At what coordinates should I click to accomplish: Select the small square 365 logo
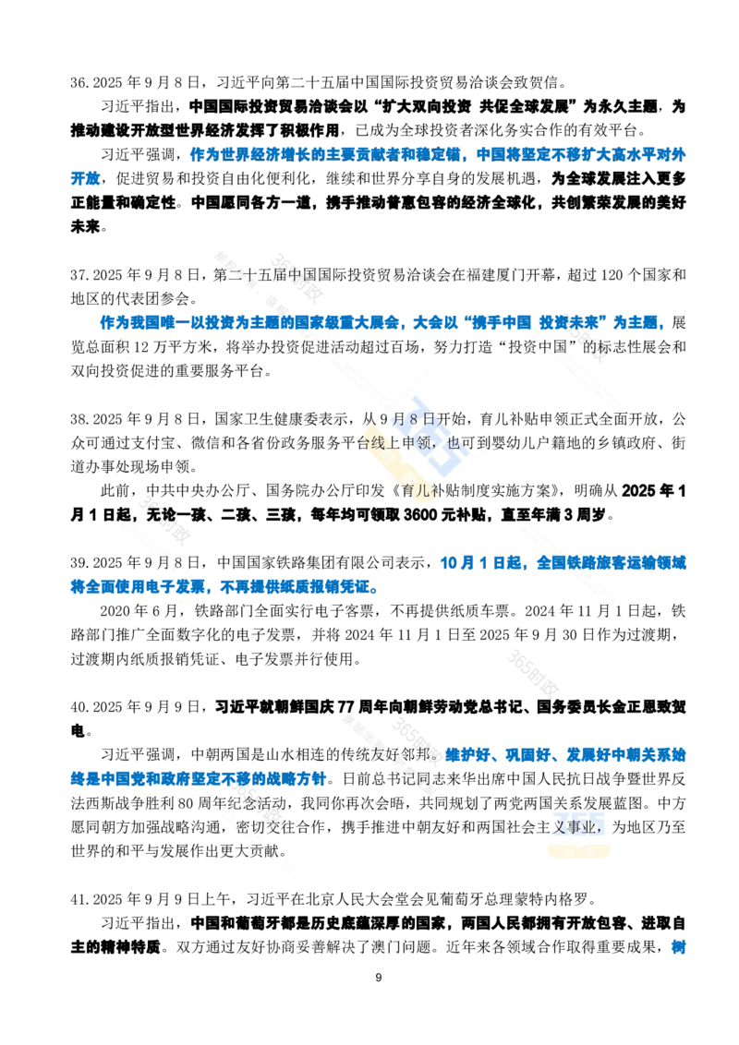point(579,826)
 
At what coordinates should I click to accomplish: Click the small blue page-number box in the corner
point(677,947)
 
